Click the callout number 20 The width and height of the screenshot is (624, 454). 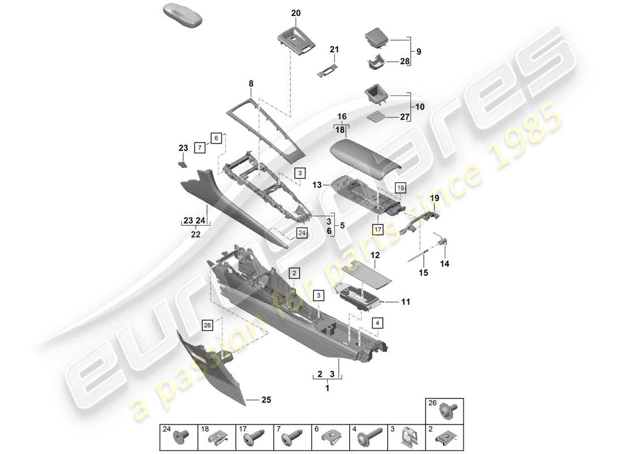pyautogui.click(x=296, y=12)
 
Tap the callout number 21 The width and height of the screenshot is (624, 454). pyautogui.click(x=334, y=50)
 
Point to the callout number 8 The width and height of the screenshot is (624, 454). pyautogui.click(x=251, y=83)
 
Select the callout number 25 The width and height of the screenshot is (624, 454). pyautogui.click(x=265, y=400)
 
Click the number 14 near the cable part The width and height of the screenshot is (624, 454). pyautogui.click(x=444, y=264)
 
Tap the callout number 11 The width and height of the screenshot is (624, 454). pyautogui.click(x=406, y=302)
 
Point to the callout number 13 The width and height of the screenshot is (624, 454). pyautogui.click(x=317, y=184)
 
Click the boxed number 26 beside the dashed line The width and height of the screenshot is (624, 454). pyautogui.click(x=207, y=325)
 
